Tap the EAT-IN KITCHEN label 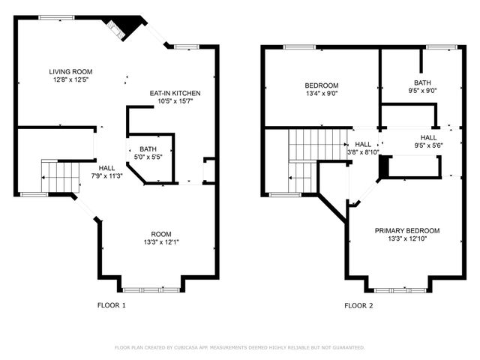coord(175,93)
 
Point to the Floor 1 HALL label coord(107,168)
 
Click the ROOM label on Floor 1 coord(161,233)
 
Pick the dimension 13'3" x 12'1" coord(161,241)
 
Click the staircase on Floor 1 coord(60,176)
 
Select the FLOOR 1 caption coord(112,305)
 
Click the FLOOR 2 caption coord(358,305)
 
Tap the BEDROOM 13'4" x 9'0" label coord(321,85)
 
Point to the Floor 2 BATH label coord(422,82)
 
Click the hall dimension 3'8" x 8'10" coord(363,151)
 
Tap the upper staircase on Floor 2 coord(318,142)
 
